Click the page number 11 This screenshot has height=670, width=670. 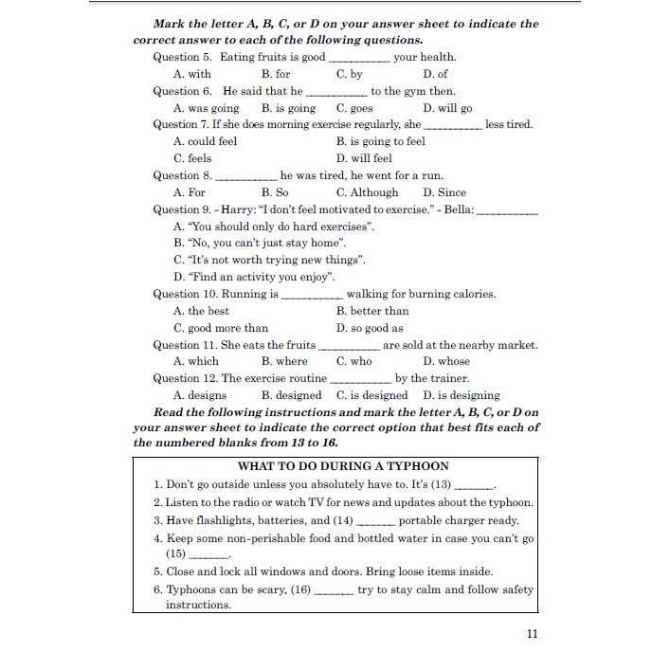pyautogui.click(x=532, y=634)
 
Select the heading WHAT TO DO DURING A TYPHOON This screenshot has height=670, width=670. pyautogui.click(x=343, y=466)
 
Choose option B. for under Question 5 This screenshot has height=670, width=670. pyautogui.click(x=276, y=74)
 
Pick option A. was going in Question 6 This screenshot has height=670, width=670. pyautogui.click(x=206, y=108)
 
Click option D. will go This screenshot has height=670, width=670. pyautogui.click(x=447, y=108)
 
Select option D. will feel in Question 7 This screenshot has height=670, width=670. pyautogui.click(x=364, y=158)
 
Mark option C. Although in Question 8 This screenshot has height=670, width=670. pyautogui.click(x=367, y=192)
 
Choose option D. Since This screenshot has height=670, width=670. pyautogui.click(x=444, y=192)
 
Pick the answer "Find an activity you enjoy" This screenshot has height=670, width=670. pyautogui.click(x=254, y=277)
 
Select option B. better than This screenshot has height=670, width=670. pyautogui.click(x=372, y=311)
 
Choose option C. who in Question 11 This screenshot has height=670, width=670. pyautogui.click(x=354, y=361)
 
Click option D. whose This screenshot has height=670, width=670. pyautogui.click(x=446, y=361)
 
